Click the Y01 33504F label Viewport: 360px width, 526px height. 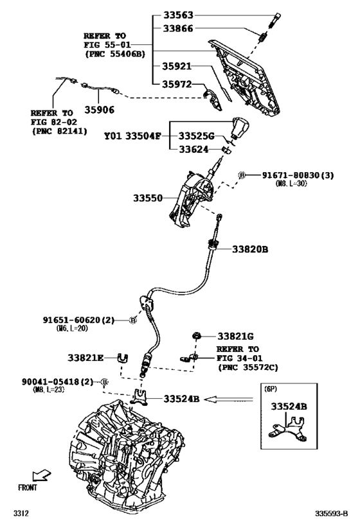[133, 136]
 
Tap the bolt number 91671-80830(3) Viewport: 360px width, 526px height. [296, 175]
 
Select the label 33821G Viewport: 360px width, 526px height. [235, 336]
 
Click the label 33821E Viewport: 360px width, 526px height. [86, 357]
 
